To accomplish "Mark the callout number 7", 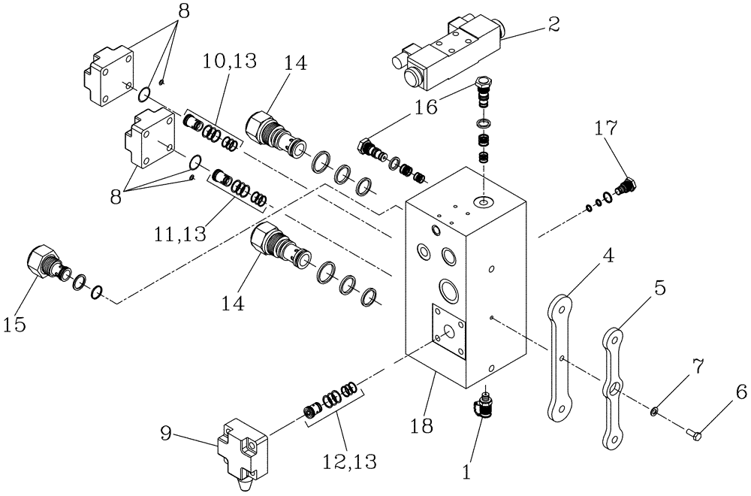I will [697, 367].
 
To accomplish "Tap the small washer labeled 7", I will [656, 411].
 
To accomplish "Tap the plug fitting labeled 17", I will [624, 186].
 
